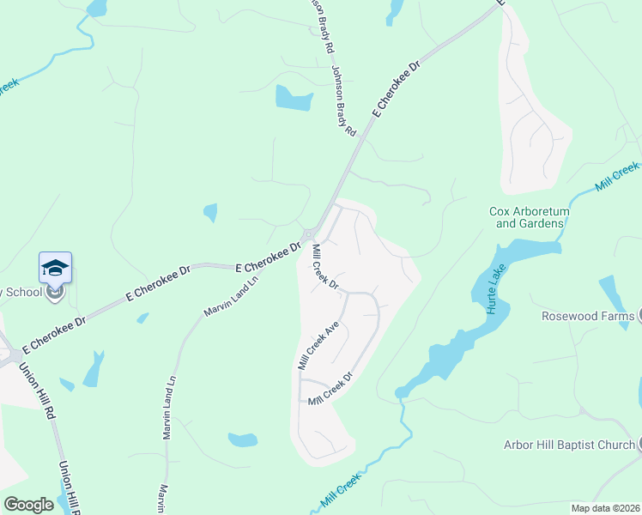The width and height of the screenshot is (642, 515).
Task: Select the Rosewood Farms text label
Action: (586, 316)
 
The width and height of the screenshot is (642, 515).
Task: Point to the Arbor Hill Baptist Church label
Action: (569, 445)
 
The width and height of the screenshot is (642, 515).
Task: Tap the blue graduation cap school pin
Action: (55, 268)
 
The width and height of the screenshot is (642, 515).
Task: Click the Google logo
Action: (28, 505)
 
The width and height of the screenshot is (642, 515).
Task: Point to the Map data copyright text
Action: (604, 508)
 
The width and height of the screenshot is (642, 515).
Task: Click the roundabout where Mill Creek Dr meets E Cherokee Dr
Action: (308, 235)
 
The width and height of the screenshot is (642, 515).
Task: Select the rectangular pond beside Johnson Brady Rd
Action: (294, 98)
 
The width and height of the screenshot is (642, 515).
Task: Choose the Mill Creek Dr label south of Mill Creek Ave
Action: (331, 390)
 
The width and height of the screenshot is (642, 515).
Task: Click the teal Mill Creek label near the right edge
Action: (617, 177)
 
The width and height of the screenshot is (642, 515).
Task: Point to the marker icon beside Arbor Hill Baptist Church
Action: (639, 445)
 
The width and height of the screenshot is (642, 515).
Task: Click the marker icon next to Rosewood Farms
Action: (639, 316)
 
